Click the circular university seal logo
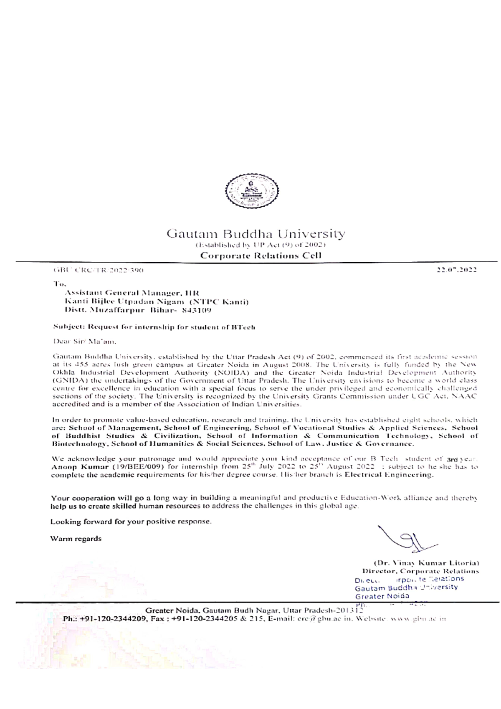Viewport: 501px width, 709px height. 252,191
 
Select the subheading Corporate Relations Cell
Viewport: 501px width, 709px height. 261,255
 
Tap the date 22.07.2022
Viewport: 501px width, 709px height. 456,270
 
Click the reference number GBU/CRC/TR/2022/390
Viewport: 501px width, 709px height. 99,270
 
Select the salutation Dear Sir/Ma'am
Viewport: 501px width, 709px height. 81,341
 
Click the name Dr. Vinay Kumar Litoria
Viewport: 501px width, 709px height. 426,563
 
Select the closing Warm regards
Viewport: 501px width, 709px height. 76,539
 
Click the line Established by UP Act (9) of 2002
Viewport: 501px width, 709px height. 261,245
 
